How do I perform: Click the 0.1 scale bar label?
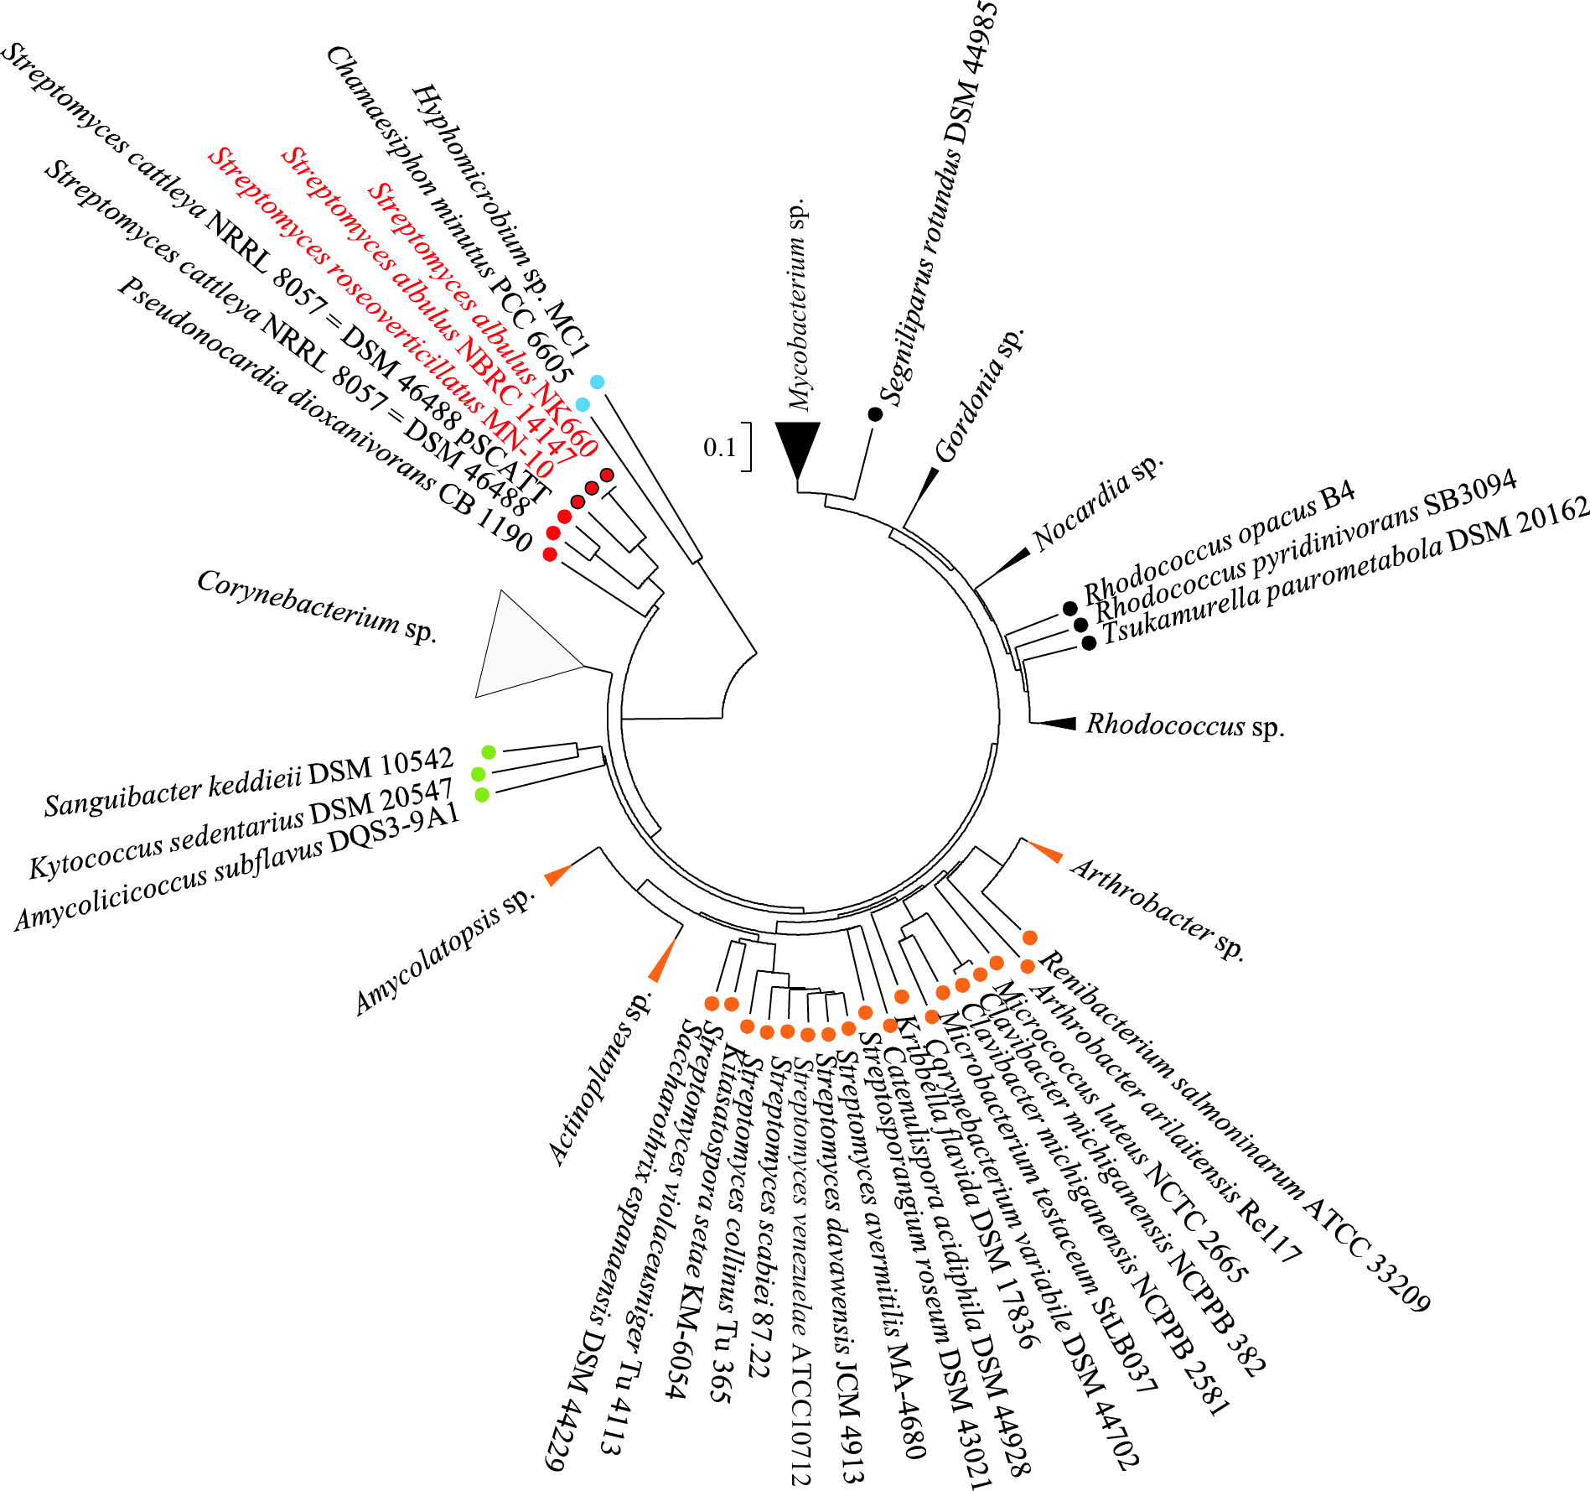coord(719,448)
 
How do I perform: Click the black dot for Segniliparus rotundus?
coord(875,413)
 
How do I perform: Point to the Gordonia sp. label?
coord(979,395)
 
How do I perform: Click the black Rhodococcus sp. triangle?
coord(1057,724)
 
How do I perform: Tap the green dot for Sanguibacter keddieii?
coord(489,751)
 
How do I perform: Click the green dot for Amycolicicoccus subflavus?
coord(482,794)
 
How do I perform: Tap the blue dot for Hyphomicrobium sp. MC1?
coord(597,382)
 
